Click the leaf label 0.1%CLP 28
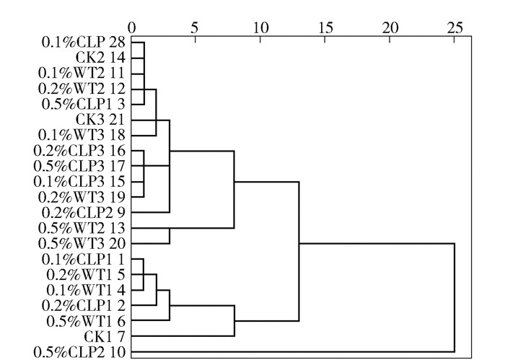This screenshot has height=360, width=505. [84, 43]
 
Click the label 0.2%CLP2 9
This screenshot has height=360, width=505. [84, 212]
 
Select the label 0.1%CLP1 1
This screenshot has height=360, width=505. [84, 259]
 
